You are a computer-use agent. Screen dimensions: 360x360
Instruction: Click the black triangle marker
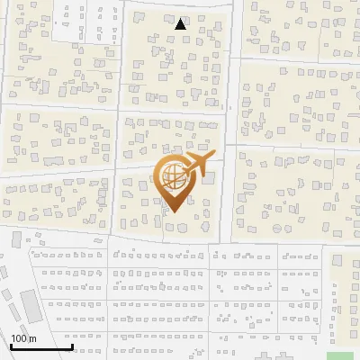point(181,24)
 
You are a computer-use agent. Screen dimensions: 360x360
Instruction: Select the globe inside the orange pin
point(172,176)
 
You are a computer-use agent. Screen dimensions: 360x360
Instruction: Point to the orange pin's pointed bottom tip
point(172,212)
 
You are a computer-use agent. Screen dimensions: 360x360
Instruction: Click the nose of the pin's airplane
point(214,155)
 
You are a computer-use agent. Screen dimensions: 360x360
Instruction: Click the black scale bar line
point(41,346)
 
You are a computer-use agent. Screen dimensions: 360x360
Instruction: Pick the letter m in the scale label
point(33,338)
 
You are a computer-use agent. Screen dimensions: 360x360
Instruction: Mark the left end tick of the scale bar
point(11,345)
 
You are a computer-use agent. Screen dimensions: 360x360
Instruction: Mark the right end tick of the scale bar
point(72,345)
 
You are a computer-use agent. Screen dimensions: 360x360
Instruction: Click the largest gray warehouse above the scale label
point(31,307)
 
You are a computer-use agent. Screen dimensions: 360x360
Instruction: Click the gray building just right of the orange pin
point(208,179)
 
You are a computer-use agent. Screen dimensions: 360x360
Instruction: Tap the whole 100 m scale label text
point(23,338)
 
